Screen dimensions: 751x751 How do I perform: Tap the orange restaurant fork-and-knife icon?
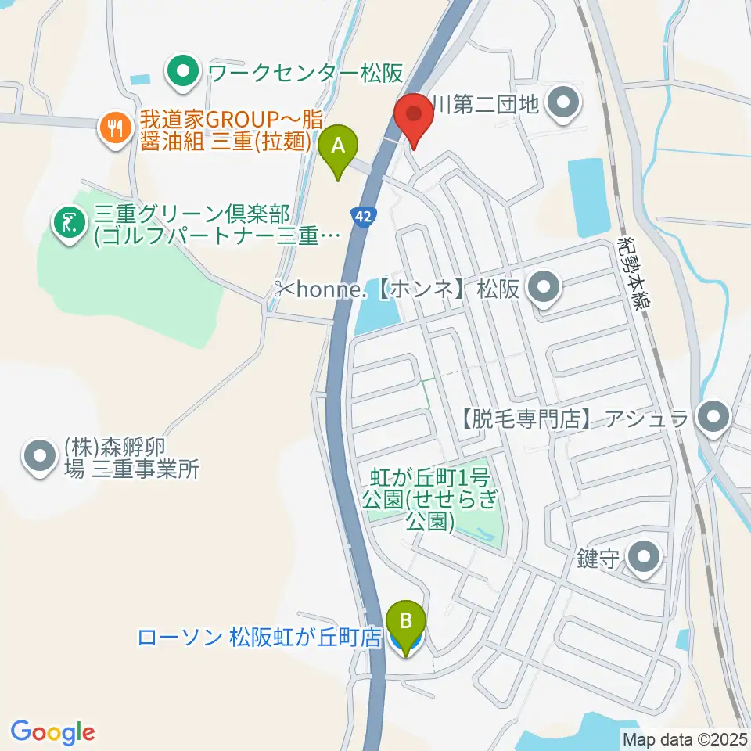click(116, 128)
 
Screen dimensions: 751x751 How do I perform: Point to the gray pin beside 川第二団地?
click(562, 103)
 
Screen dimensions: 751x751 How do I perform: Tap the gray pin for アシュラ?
click(712, 419)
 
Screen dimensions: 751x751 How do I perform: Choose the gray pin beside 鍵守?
click(645, 559)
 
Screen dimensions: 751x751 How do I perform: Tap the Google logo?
click(53, 732)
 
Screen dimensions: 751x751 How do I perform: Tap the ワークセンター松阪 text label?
click(305, 74)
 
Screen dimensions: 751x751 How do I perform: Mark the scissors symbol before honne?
click(284, 289)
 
